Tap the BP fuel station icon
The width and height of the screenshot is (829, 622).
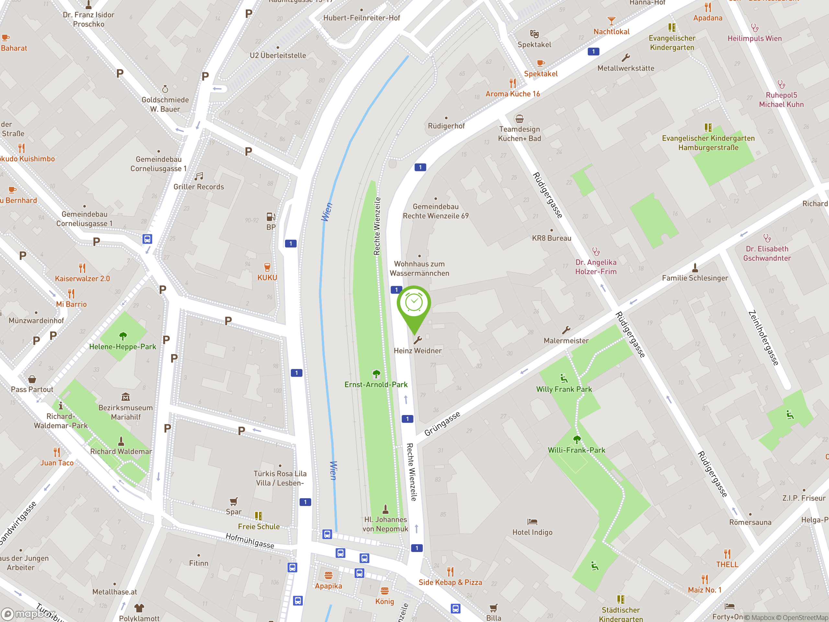[x=271, y=217]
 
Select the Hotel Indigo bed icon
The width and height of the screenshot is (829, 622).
[x=532, y=522]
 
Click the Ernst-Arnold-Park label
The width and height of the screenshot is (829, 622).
[x=376, y=385]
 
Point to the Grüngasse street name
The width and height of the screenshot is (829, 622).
[x=442, y=424]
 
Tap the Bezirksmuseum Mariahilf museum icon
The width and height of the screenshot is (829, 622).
[x=126, y=397]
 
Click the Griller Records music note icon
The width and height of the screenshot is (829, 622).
[x=199, y=176]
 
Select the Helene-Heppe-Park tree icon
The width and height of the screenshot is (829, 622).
[x=123, y=336]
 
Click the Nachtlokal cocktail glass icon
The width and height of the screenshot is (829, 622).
[x=611, y=21]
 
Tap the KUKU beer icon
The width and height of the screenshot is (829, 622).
[x=267, y=267]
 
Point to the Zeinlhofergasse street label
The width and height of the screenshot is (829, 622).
[x=763, y=338]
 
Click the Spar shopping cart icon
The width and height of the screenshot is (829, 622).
[x=233, y=501]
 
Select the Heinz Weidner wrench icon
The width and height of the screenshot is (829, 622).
[x=417, y=340]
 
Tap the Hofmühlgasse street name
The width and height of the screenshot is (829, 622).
[x=250, y=541]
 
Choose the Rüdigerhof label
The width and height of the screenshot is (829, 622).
[x=446, y=126]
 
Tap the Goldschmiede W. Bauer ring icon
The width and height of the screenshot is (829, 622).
[x=165, y=89]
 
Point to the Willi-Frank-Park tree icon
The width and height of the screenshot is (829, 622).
[x=577, y=439]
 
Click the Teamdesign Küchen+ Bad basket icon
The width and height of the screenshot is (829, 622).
[x=519, y=119]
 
